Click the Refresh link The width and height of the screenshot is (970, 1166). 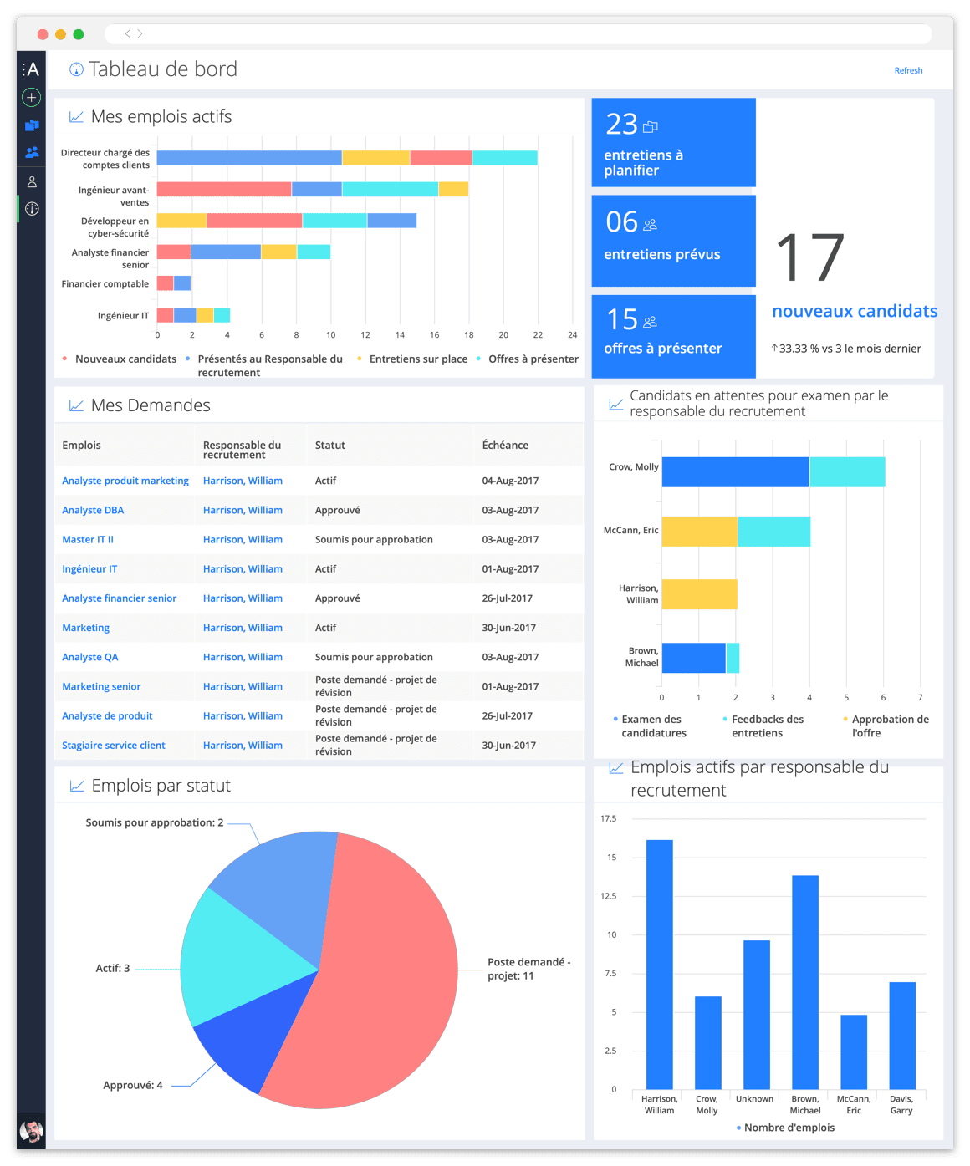coord(908,71)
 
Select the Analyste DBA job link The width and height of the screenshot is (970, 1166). coord(93,511)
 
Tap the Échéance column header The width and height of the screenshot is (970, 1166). coord(505,446)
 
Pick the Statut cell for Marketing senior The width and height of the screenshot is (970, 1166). coord(375,686)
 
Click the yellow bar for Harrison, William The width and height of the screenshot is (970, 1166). coord(699,594)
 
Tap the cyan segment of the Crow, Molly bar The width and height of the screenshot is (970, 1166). coord(846,472)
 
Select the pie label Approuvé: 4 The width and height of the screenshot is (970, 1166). coord(133,1086)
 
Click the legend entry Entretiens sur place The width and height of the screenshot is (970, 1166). coord(418,359)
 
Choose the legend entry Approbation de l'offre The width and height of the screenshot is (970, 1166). coord(890,726)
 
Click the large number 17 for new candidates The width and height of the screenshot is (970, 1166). coord(809,258)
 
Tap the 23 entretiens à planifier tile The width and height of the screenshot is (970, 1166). coord(673,143)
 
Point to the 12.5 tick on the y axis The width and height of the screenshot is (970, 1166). coord(608,896)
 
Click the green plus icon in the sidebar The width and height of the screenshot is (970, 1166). coord(32,98)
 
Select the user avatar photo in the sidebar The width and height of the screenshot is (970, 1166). coord(32,1131)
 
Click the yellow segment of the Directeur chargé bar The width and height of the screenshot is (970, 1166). coord(375,158)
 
